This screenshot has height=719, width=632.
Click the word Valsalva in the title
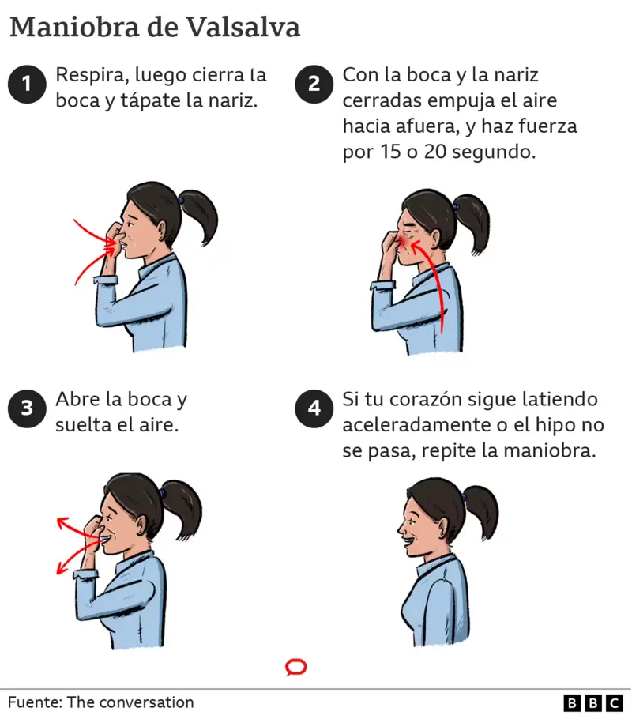tap(243, 27)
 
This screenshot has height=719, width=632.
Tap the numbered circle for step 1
tap(27, 84)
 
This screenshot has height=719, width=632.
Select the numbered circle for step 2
tap(314, 84)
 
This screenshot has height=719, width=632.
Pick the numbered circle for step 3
tap(27, 408)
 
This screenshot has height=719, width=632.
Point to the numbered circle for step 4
tap(314, 408)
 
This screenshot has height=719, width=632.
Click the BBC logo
tap(593, 703)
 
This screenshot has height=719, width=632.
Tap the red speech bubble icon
tap(296, 667)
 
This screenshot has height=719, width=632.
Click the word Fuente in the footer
tap(35, 702)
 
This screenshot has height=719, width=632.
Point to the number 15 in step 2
tap(391, 152)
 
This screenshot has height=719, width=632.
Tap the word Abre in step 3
tap(77, 399)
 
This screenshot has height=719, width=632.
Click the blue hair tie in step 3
tap(161, 493)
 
